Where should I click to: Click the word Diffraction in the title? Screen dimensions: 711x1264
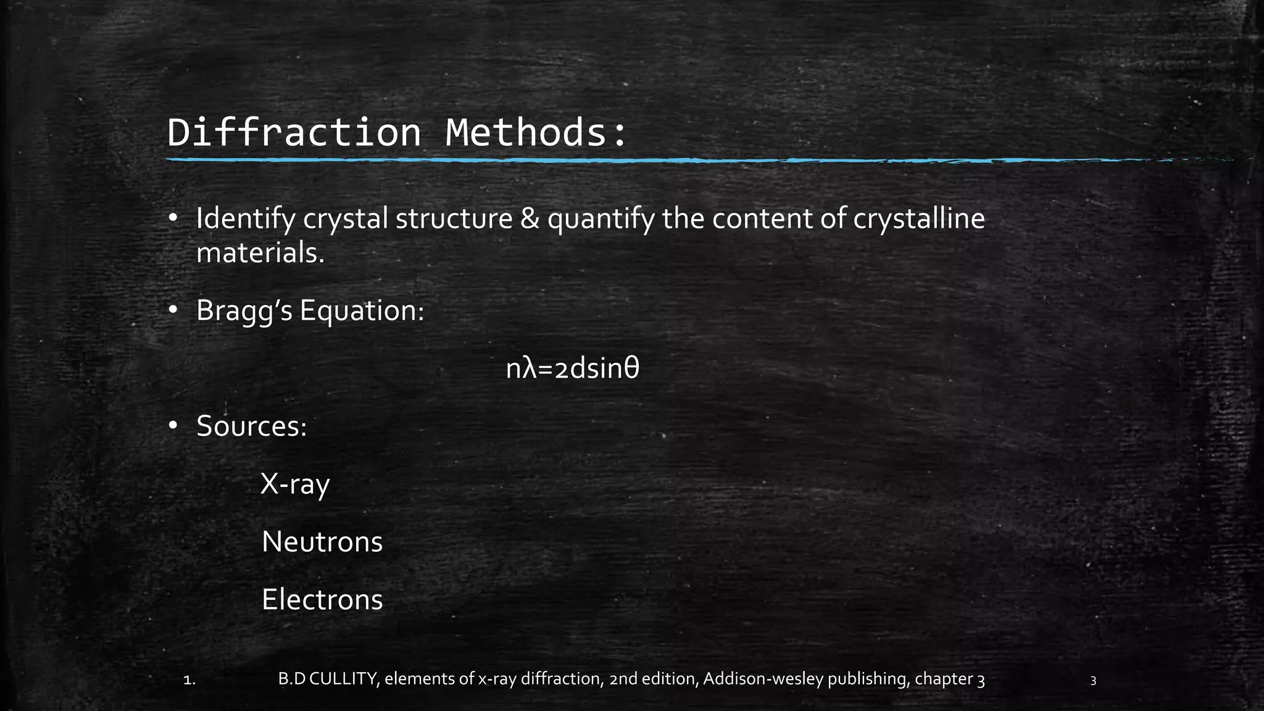(x=294, y=132)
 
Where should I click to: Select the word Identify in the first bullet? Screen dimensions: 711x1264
(x=245, y=219)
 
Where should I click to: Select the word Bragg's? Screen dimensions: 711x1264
(x=244, y=310)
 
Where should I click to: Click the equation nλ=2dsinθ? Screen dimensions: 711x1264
(x=572, y=369)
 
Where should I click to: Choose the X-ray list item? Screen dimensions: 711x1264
(x=295, y=484)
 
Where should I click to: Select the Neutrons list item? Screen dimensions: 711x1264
(x=322, y=542)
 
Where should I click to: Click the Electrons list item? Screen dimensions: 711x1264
(x=322, y=600)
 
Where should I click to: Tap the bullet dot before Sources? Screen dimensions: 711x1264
(x=173, y=425)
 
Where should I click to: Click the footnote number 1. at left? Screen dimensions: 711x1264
(x=190, y=681)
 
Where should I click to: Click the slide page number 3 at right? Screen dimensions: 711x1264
(x=1093, y=681)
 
